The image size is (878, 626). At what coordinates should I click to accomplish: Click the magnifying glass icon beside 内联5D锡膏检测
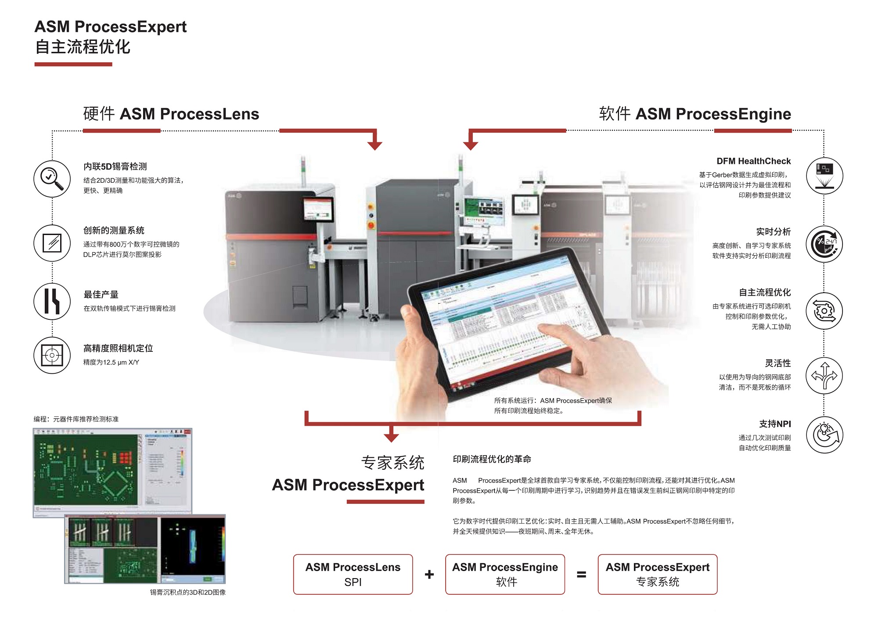pyautogui.click(x=52, y=179)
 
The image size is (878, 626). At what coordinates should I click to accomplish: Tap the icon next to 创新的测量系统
pyautogui.click(x=52, y=243)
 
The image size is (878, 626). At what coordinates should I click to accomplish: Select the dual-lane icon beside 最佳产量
pyautogui.click(x=52, y=301)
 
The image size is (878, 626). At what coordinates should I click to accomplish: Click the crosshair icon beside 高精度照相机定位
pyautogui.click(x=52, y=355)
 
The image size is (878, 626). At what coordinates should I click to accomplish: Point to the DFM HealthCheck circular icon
pyautogui.click(x=824, y=176)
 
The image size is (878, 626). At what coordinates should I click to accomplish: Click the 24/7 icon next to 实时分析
pyautogui.click(x=824, y=244)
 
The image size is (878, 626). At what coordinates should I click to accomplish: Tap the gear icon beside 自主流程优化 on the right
pyautogui.click(x=824, y=311)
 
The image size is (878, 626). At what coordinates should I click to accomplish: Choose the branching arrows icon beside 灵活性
pyautogui.click(x=824, y=376)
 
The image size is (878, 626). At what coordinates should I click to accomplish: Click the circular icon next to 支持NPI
pyautogui.click(x=824, y=435)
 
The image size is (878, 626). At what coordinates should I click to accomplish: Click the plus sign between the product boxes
pyautogui.click(x=429, y=574)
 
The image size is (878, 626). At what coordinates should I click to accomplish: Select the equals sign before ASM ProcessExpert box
pyautogui.click(x=581, y=574)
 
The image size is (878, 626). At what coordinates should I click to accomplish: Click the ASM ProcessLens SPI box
pyautogui.click(x=353, y=574)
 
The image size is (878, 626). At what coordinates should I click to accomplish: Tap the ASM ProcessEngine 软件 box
pyautogui.click(x=505, y=574)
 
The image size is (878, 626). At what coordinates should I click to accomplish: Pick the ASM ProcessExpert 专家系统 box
pyautogui.click(x=657, y=574)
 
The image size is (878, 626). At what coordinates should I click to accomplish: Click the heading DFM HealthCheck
pyautogui.click(x=753, y=161)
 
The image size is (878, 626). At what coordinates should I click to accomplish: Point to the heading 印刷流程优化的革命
pyautogui.click(x=492, y=459)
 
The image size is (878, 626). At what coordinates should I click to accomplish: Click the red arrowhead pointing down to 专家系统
pyautogui.click(x=391, y=437)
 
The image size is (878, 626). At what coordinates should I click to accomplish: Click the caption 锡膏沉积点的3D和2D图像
pyautogui.click(x=188, y=592)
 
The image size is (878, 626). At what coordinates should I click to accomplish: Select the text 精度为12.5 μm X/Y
pyautogui.click(x=111, y=362)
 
